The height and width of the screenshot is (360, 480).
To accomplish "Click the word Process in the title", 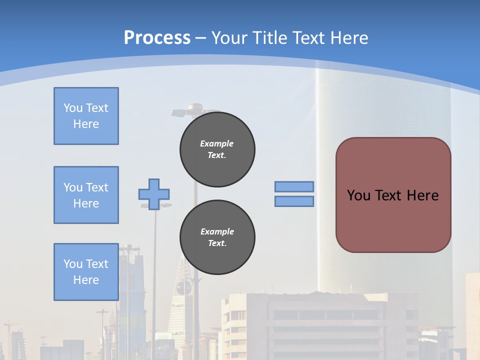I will [x=157, y=37].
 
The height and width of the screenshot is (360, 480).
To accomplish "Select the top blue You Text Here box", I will [x=86, y=116].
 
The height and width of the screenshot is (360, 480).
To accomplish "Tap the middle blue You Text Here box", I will [x=86, y=195].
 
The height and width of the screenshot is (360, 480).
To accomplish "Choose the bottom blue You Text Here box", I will [x=86, y=272].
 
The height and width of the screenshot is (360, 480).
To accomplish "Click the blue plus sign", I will [x=154, y=194].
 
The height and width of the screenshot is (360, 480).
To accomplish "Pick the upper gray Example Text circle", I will [x=217, y=149].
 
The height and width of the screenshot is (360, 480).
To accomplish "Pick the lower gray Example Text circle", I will [x=217, y=237].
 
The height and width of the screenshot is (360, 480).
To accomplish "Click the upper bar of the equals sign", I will [x=294, y=186].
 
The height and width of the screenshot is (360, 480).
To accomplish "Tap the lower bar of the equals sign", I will [x=294, y=201].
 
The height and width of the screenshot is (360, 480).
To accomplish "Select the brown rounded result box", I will [x=393, y=220].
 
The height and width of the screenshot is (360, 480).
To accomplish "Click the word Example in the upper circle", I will [x=216, y=143].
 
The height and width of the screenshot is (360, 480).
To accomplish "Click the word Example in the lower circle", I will [x=217, y=231].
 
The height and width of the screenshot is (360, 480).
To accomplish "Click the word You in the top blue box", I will [x=73, y=108].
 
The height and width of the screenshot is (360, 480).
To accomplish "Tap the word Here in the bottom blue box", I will [x=86, y=280].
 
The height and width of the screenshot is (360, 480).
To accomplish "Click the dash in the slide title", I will [x=200, y=37].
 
